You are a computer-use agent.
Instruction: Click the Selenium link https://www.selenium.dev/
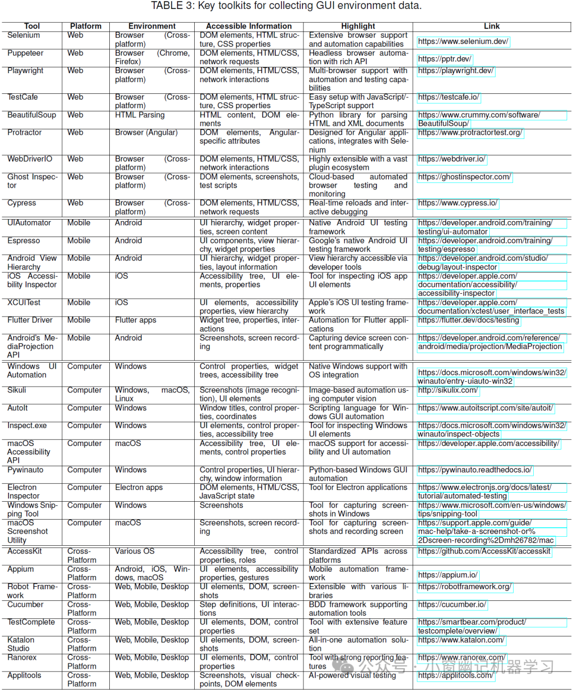(x=463, y=41)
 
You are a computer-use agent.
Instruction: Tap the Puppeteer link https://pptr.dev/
(x=444, y=59)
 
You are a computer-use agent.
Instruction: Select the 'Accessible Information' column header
(x=248, y=26)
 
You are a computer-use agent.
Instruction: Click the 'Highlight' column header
(x=358, y=26)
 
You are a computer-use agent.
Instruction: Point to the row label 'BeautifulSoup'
(x=31, y=115)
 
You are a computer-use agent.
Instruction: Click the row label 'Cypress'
(x=22, y=203)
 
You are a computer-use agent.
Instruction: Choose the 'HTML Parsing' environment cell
(x=140, y=115)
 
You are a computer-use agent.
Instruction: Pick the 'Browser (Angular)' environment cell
(x=146, y=133)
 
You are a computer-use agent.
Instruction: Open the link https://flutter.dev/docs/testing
(x=468, y=320)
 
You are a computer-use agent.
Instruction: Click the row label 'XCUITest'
(x=24, y=303)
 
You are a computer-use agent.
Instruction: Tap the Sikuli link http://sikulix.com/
(x=448, y=390)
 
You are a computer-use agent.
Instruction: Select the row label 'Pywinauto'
(x=25, y=470)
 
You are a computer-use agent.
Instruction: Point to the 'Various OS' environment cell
(x=134, y=552)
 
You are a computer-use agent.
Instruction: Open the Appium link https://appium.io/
(x=447, y=575)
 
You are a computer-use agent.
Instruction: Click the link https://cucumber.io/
(x=452, y=605)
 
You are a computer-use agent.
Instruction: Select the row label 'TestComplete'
(x=31, y=622)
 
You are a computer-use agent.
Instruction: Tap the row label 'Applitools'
(x=24, y=676)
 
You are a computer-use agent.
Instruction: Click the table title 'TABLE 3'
(x=286, y=6)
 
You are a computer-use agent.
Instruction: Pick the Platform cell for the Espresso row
(x=79, y=241)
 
